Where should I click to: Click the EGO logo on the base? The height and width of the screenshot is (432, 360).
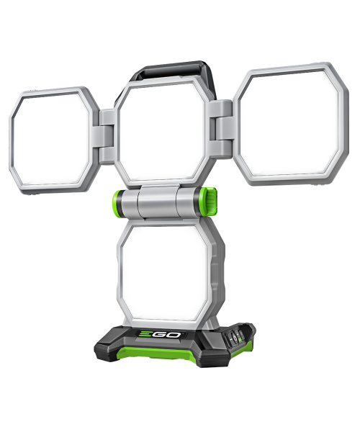pyautogui.click(x=159, y=335)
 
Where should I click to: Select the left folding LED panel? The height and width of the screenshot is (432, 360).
pyautogui.click(x=53, y=140)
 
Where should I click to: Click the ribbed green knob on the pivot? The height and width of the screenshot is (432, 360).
pyautogui.click(x=211, y=201)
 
